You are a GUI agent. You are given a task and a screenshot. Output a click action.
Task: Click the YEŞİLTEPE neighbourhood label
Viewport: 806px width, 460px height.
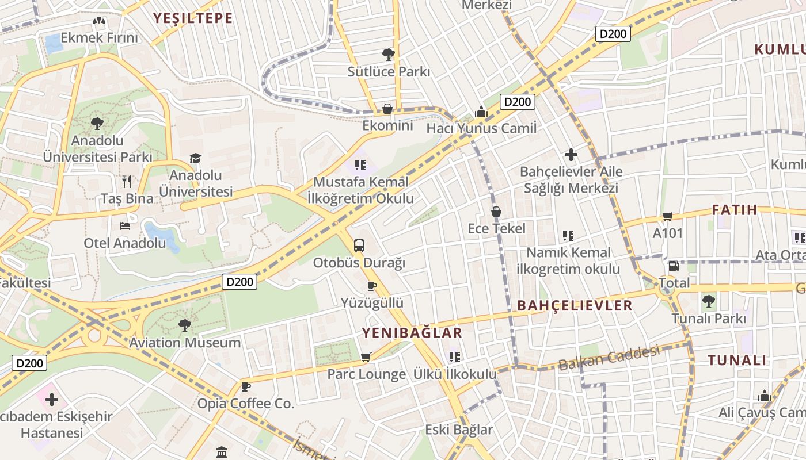pos(193,18)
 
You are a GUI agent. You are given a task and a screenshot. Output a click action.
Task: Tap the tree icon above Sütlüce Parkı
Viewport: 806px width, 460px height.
pos(389,55)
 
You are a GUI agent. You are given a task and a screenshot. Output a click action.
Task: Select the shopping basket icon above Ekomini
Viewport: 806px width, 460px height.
pos(387,109)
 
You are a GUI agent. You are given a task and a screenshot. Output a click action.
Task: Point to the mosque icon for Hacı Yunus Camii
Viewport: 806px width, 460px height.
pos(481,112)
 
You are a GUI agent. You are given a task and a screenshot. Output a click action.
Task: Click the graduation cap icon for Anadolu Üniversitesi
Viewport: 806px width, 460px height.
pos(196,158)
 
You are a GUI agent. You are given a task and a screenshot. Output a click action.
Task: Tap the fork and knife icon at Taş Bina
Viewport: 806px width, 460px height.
pos(127,182)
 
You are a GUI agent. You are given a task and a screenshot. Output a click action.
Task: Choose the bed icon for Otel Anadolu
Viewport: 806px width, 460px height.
pos(124,226)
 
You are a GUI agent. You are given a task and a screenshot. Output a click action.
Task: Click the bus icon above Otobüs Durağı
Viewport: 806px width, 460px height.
pos(359,246)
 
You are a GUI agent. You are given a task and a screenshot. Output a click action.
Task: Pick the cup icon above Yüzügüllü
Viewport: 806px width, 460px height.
pos(372,286)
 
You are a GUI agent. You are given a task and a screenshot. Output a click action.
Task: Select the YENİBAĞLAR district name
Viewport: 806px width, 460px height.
pos(412,333)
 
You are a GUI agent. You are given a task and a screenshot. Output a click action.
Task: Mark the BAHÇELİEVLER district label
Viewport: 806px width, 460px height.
pos(575,305)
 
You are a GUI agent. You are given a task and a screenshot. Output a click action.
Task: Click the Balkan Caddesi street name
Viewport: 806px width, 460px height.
pos(609,358)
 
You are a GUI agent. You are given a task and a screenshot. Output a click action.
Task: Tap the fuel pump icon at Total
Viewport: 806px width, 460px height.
pos(674,266)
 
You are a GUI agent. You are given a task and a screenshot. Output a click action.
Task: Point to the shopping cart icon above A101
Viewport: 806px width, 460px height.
pos(667,216)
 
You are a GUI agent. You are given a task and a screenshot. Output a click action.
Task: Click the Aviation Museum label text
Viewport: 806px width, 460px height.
pos(185,343)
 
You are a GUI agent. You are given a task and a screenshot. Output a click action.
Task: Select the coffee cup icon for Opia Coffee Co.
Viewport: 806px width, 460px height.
pos(246,386)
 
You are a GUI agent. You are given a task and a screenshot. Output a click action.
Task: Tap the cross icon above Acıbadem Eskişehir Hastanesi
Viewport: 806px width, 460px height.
pos(52,399)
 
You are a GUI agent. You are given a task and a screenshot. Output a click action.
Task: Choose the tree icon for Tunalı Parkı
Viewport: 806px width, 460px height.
pos(709,301)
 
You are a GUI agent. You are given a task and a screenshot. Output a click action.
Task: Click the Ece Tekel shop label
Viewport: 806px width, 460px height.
pos(496,228)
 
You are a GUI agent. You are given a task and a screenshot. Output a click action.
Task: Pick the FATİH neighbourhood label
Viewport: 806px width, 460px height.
pos(735,210)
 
